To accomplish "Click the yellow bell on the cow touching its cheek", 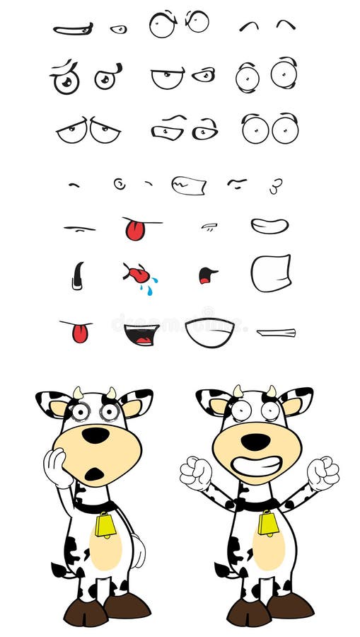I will [105, 524].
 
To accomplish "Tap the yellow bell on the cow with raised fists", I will [268, 524].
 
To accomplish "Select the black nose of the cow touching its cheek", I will [95, 435].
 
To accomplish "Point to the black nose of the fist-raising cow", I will [255, 442].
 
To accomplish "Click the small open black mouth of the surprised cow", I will [94, 474].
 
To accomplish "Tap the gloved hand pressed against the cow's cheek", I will [56, 467].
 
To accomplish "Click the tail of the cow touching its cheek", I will [60, 569].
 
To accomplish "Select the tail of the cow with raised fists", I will [223, 570].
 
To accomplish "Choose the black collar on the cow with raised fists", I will [257, 504].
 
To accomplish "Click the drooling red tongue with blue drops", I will [140, 275].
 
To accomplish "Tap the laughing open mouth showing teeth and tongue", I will [141, 333].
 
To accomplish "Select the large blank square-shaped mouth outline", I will [271, 273].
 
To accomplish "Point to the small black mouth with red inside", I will [207, 275].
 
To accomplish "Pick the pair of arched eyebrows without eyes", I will [267, 25].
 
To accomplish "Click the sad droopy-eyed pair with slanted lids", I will [88, 131].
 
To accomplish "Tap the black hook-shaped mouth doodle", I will [77, 275].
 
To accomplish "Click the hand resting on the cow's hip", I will [137, 549].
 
